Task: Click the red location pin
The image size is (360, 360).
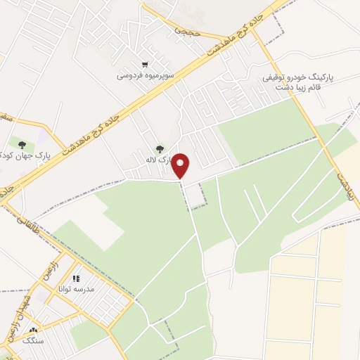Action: tap(181, 165)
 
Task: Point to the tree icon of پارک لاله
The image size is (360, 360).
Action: tap(160, 149)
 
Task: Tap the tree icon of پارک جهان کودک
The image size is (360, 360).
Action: tap(21, 144)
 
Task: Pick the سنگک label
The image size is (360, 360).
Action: tap(32, 340)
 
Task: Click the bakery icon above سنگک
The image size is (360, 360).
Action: tap(32, 329)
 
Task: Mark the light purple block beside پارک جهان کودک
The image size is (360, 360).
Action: tap(44, 135)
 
